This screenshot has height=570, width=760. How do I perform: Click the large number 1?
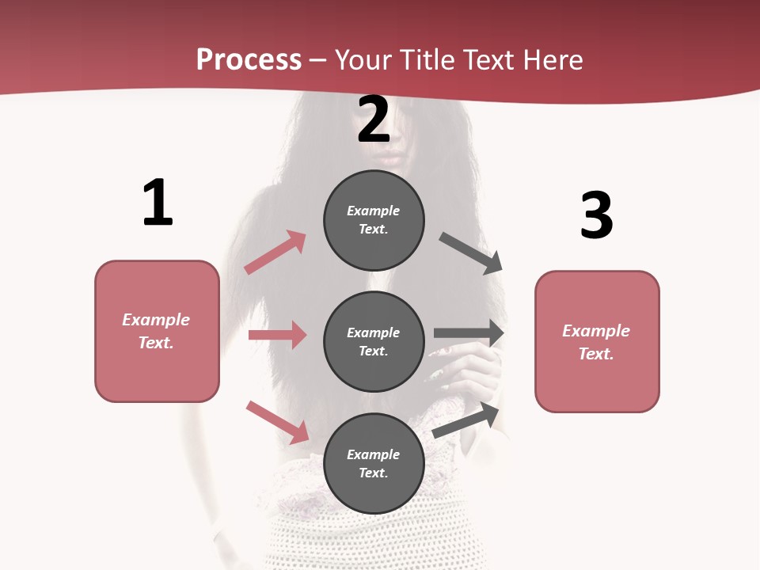(158, 203)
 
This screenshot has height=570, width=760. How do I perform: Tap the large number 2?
(374, 120)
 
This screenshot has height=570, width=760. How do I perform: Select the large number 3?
(596, 215)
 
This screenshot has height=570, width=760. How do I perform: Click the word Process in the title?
(249, 59)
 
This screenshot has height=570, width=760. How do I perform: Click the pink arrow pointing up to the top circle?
(275, 253)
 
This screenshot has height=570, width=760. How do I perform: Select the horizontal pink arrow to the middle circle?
(277, 335)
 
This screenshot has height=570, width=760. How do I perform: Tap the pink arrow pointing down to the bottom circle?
(278, 422)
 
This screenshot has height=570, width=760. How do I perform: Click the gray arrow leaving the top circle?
(471, 253)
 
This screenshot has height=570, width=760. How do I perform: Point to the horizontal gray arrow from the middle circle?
(469, 333)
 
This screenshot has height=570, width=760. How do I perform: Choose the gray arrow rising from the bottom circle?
(465, 420)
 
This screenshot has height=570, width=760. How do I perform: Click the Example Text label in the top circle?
(374, 220)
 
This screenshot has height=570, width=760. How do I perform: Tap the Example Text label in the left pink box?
(156, 331)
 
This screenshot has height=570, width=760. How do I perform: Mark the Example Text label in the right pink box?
(596, 342)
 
